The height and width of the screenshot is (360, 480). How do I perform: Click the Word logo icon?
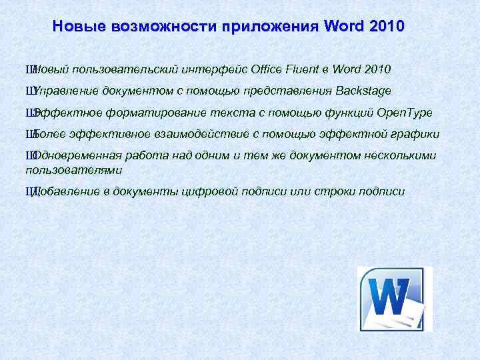395,298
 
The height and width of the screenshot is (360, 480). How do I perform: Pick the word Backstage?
364,90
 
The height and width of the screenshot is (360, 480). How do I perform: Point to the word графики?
413,133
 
